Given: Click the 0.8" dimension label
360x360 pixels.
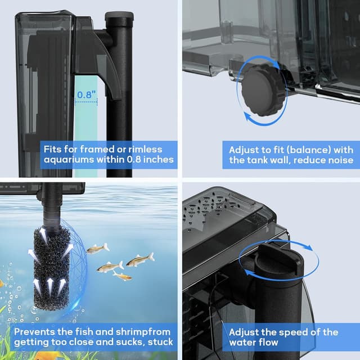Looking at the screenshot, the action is [86, 94].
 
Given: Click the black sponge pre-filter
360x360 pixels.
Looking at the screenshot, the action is [52, 269].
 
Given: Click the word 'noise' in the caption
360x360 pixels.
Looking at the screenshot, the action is [341, 160].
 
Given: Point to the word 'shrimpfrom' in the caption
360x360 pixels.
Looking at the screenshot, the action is [143, 332].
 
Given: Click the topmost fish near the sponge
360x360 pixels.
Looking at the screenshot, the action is [98, 249].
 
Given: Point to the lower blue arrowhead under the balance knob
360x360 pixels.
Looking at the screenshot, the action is [248, 116].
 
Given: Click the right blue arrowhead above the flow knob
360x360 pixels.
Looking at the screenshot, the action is [308, 247].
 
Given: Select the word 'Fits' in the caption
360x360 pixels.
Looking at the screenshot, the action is [53, 149].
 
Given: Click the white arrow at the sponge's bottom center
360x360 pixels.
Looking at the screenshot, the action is [50, 286].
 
